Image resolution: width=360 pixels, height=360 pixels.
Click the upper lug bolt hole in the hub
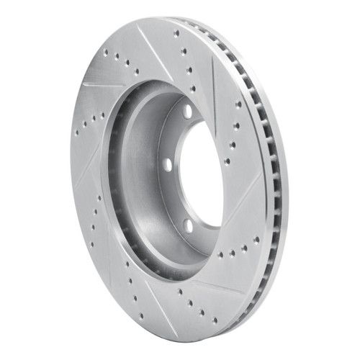click(188, 112)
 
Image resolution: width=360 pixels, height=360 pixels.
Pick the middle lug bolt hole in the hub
click(168, 164)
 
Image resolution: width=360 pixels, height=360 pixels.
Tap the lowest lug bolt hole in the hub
click(189, 226)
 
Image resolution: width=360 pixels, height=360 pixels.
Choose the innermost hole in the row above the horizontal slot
click(135, 72)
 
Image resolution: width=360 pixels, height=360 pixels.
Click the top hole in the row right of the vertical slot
click(237, 104)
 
